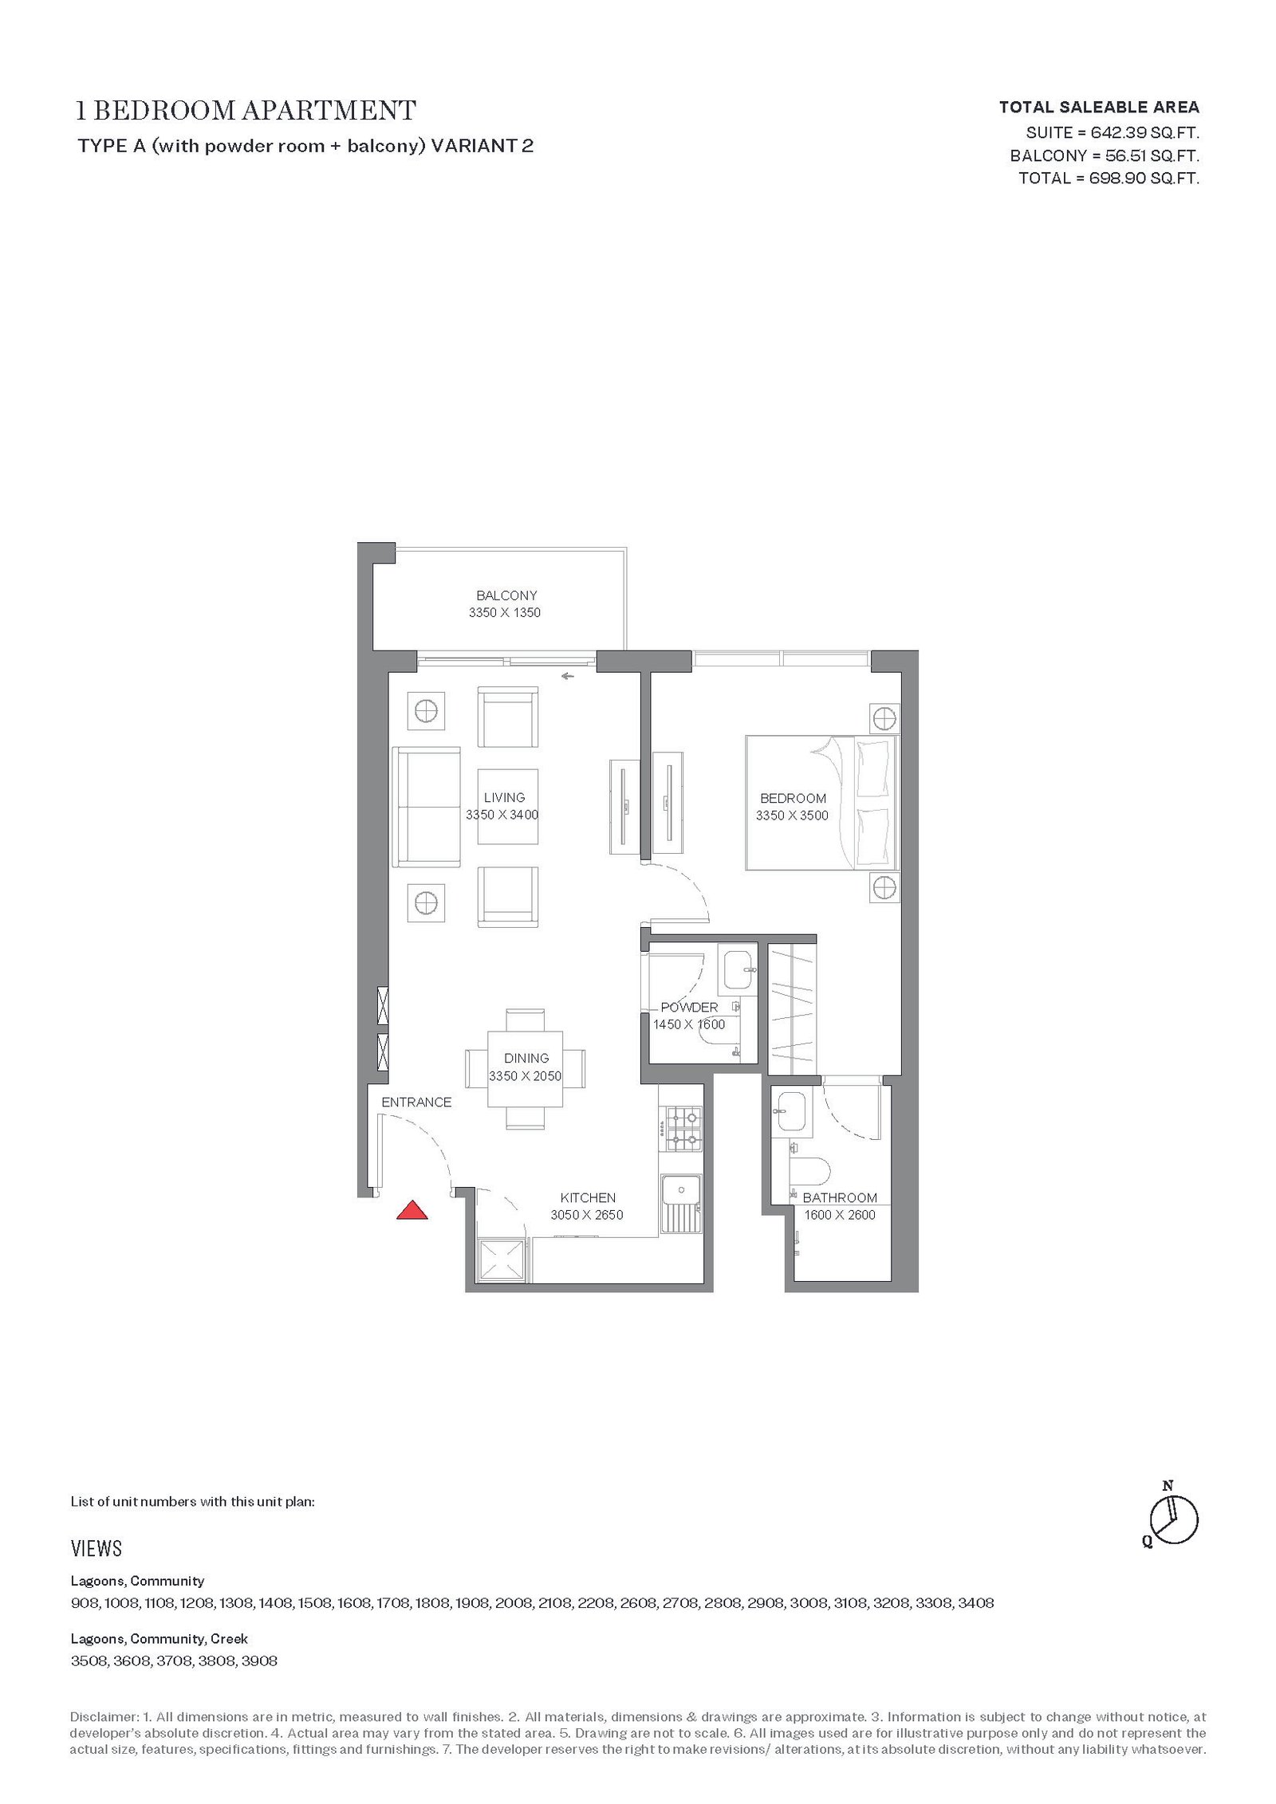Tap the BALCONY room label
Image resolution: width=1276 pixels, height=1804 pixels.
(506, 595)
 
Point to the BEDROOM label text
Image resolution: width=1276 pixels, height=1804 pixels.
(793, 798)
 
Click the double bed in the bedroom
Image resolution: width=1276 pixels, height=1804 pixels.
(821, 802)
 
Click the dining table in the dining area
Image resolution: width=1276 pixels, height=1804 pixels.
(526, 1069)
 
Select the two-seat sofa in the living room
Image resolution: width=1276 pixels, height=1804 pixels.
(427, 807)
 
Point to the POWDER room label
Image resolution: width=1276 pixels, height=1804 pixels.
(689, 1008)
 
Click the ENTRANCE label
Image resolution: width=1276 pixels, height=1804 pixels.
(416, 1102)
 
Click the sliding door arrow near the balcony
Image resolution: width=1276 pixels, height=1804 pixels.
(568, 677)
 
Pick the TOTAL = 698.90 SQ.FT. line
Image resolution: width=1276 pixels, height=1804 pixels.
(1109, 178)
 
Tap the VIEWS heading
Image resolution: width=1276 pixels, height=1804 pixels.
(96, 1549)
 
